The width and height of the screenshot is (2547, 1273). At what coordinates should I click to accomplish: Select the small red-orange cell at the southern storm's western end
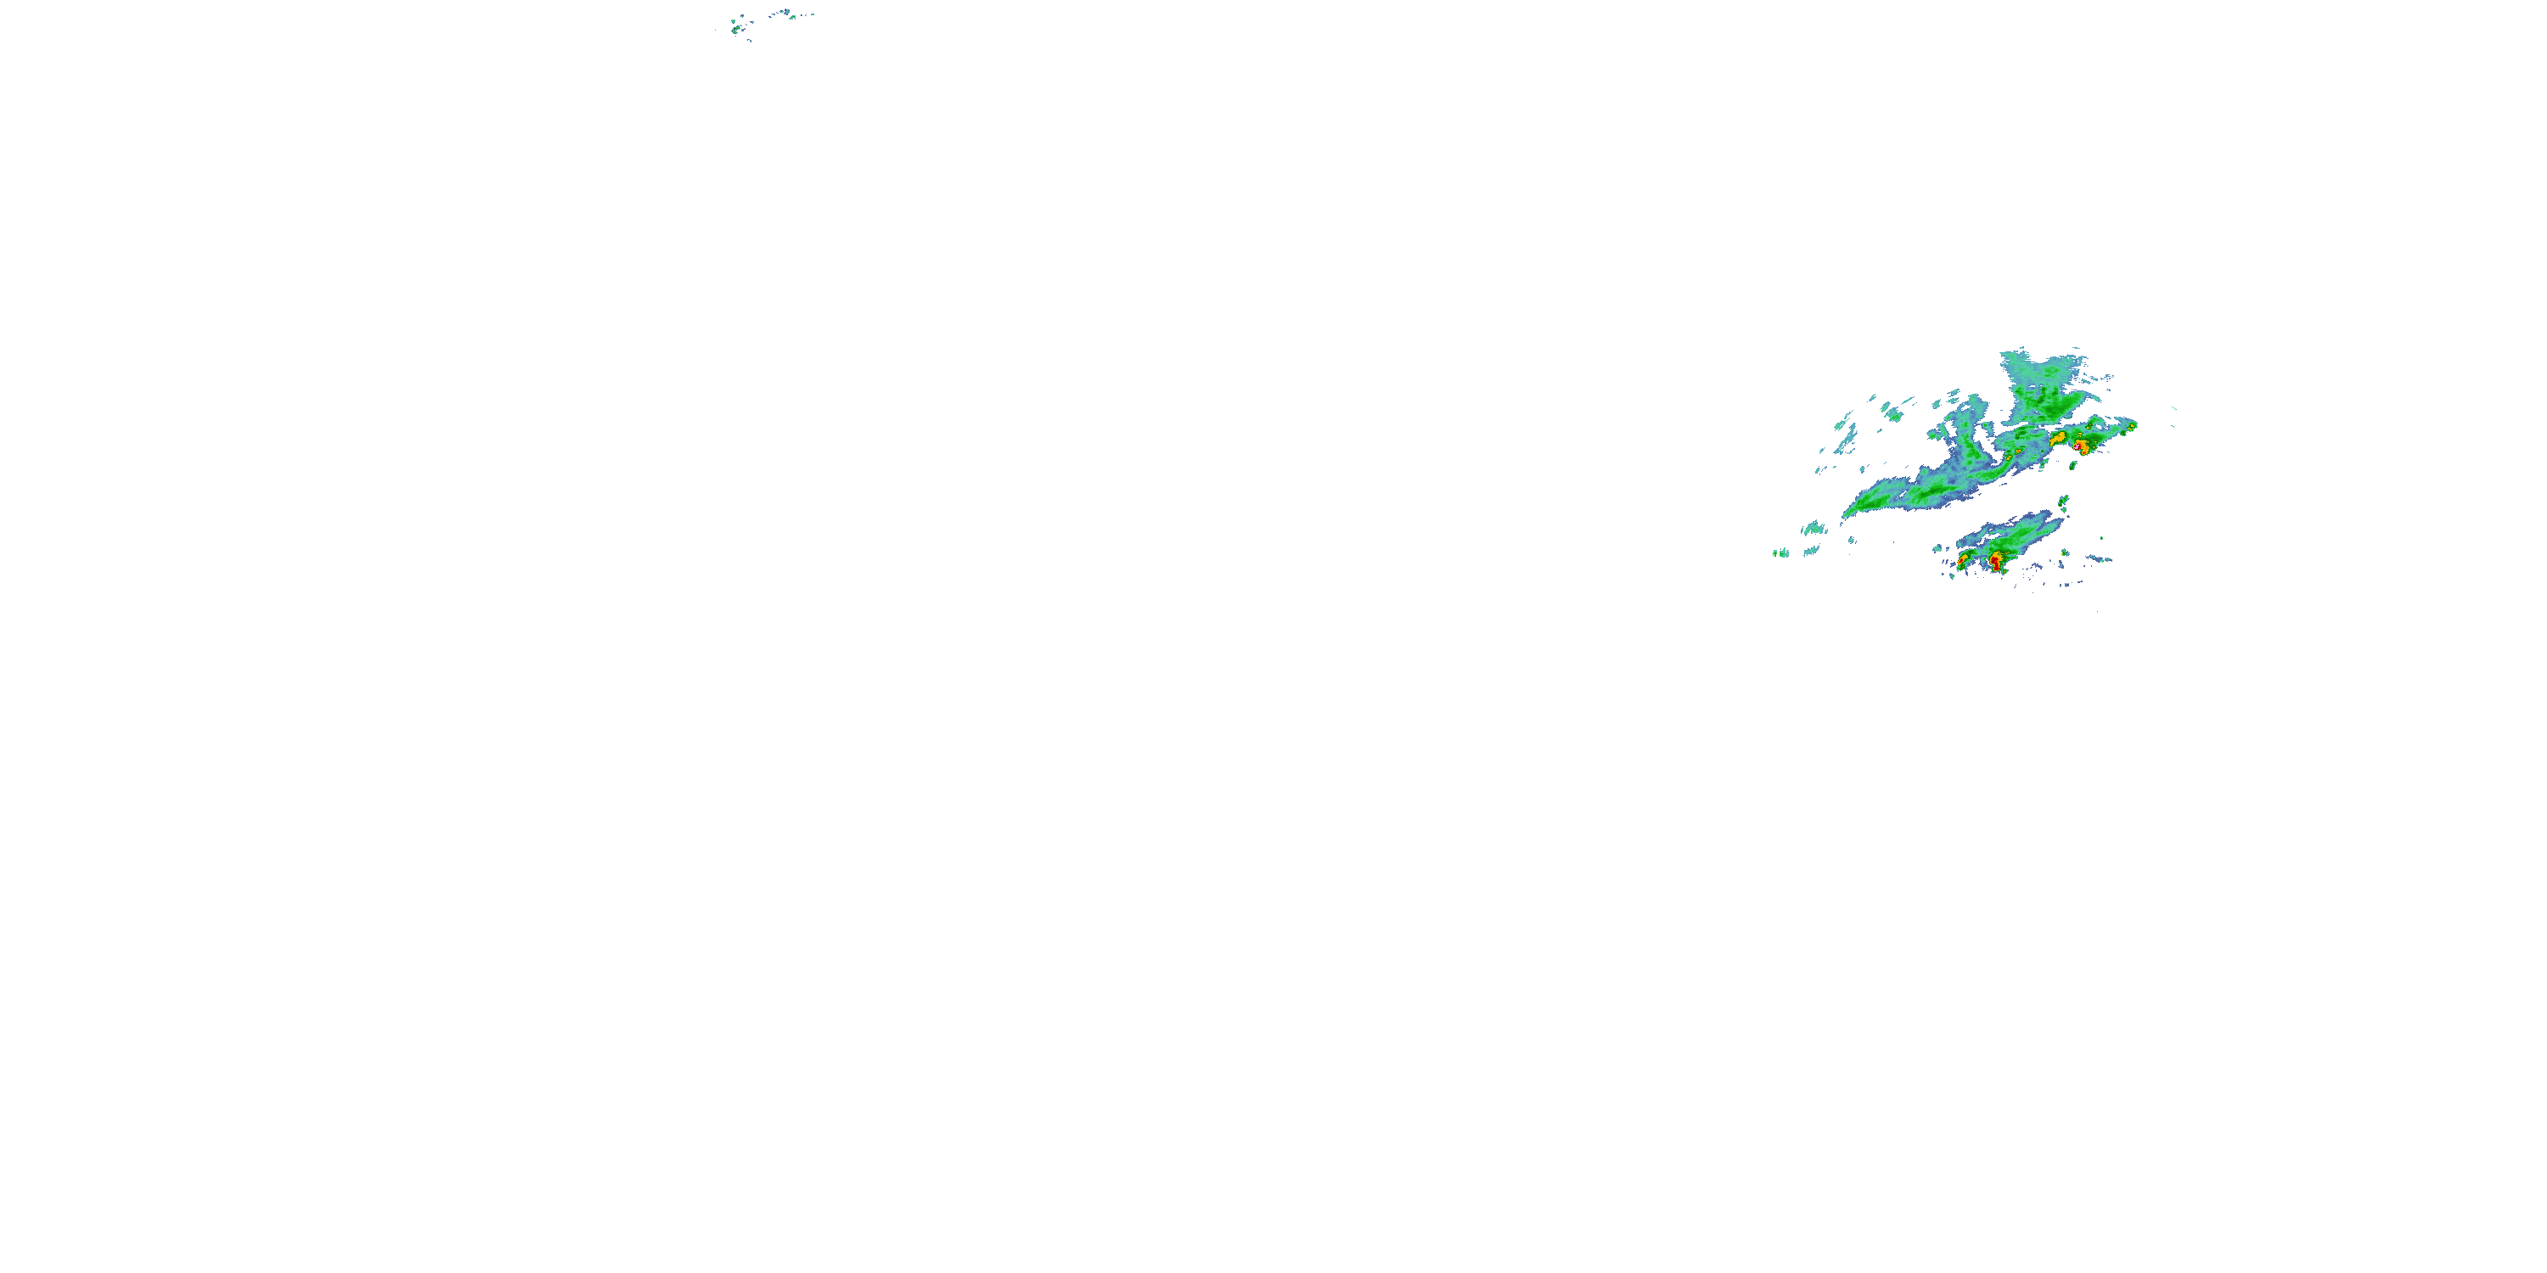tap(1963, 560)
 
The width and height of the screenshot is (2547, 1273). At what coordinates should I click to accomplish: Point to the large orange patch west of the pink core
tap(2058, 436)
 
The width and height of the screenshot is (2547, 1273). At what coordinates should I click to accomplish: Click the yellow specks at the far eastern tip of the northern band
tap(2132, 426)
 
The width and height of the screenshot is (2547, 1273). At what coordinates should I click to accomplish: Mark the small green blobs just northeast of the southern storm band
tap(2066, 502)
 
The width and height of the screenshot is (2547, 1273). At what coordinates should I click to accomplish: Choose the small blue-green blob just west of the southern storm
tap(1939, 547)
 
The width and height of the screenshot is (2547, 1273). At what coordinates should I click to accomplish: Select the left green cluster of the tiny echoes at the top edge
tap(738, 26)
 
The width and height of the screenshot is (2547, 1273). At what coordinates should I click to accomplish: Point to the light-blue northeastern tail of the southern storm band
tap(2047, 519)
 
